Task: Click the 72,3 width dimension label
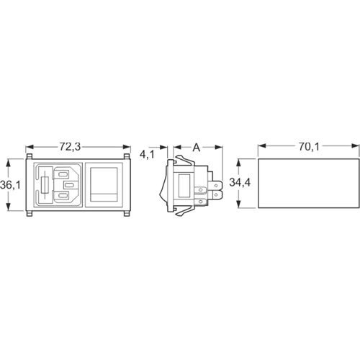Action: click(x=69, y=146)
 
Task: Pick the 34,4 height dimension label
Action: click(x=240, y=183)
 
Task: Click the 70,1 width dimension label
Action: click(x=308, y=146)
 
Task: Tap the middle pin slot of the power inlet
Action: click(x=69, y=185)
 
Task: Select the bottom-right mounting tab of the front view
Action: click(x=127, y=213)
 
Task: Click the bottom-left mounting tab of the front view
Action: click(x=30, y=213)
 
